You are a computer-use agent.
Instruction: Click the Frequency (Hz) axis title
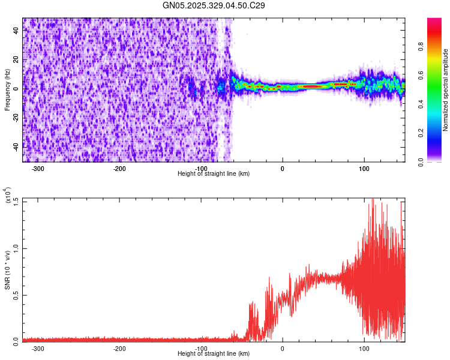click(7, 89)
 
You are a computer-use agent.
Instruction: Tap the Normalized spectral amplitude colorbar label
click(446, 90)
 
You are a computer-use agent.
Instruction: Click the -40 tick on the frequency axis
click(16, 147)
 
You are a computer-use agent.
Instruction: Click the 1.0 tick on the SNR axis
click(16, 248)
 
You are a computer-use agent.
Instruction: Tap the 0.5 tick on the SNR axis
click(16, 294)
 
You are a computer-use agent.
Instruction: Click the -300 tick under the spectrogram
click(38, 168)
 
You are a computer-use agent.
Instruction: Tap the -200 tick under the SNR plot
click(119, 348)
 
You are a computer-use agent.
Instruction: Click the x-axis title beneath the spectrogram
click(214, 173)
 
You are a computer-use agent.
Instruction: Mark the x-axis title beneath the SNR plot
click(214, 353)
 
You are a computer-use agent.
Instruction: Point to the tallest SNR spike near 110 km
click(373, 200)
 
